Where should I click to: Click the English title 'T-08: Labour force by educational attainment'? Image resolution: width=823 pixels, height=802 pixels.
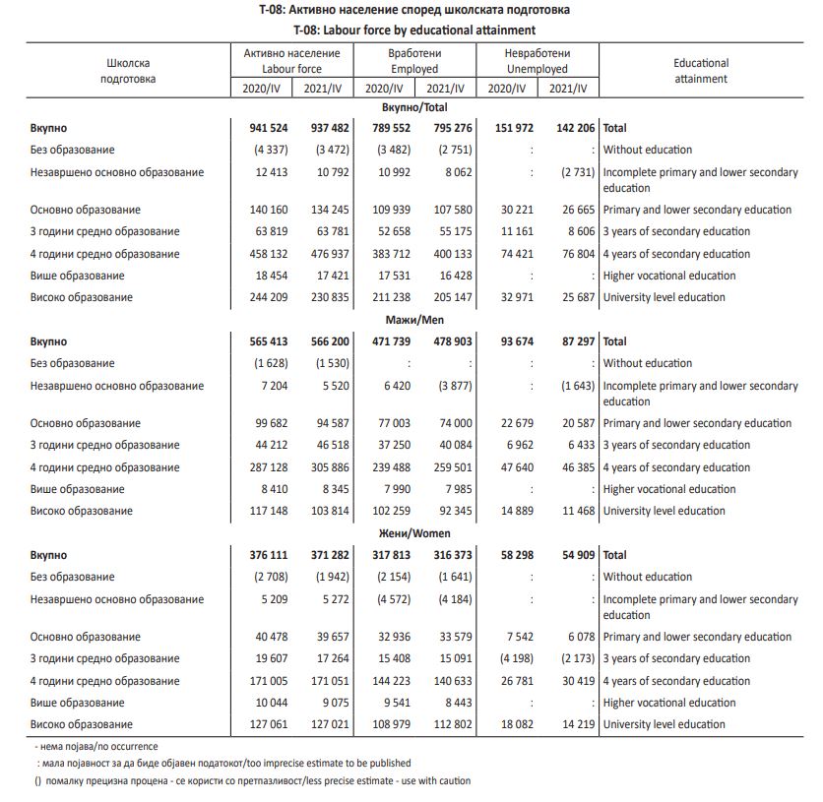411,31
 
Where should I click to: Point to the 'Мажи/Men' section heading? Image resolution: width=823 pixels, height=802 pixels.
411,320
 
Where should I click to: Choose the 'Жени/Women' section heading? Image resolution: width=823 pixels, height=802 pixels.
411,533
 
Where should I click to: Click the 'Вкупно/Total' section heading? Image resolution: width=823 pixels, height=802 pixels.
411,106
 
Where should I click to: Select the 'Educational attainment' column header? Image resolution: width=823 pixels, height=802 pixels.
701,71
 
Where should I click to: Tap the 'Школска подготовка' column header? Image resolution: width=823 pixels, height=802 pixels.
128,71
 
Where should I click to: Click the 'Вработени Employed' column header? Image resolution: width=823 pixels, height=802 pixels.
413,61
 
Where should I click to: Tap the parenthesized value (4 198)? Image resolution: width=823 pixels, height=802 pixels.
509,658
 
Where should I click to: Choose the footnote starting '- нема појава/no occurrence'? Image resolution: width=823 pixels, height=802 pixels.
95,747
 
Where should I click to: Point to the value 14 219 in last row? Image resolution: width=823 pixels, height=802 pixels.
572,724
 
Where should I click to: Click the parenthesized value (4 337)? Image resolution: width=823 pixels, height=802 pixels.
260,150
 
